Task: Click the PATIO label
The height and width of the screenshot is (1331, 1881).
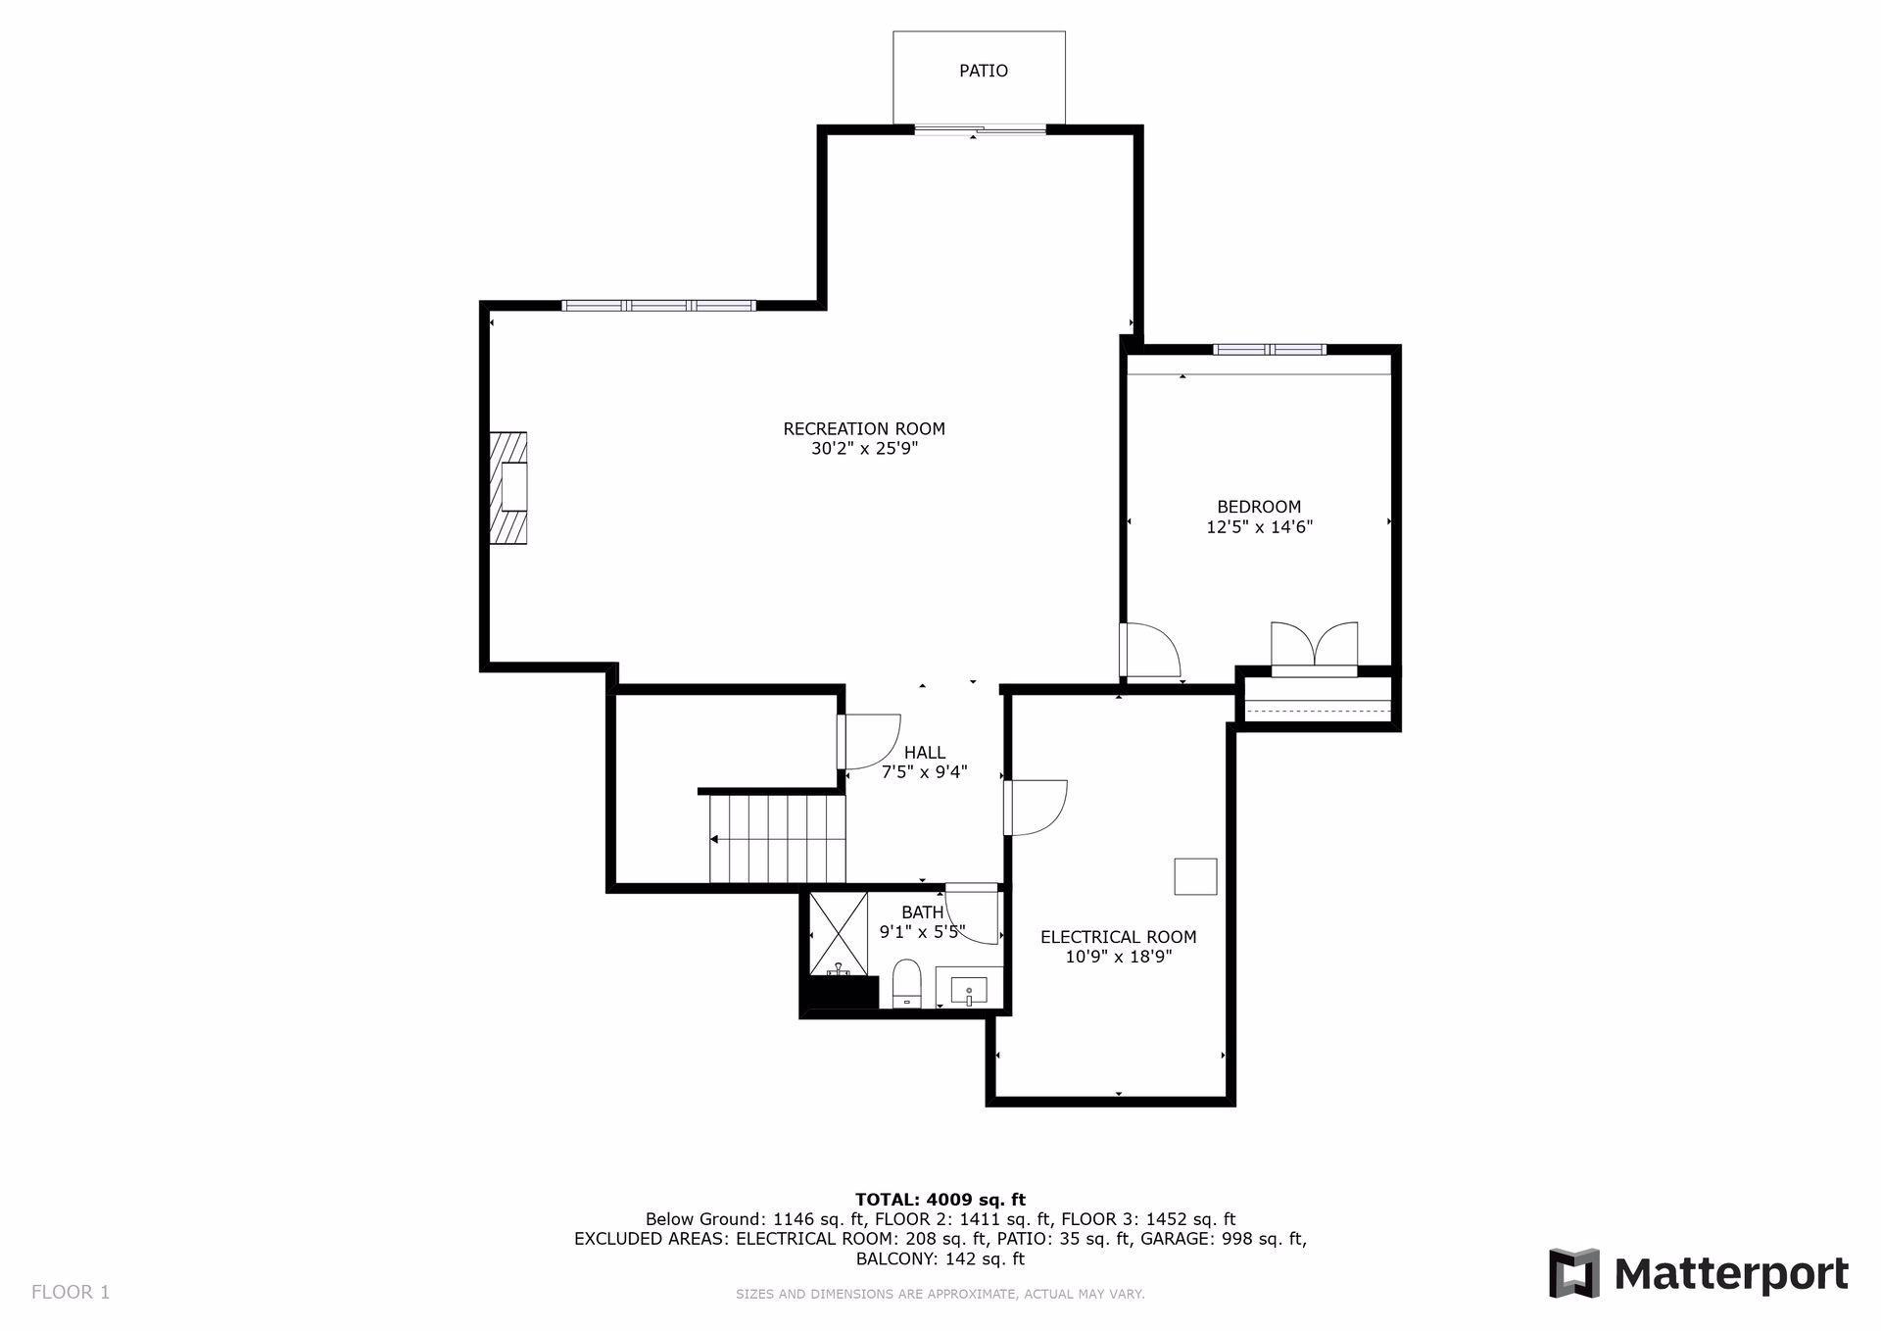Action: [x=983, y=71]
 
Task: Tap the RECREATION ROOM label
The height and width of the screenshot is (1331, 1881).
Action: [x=864, y=428]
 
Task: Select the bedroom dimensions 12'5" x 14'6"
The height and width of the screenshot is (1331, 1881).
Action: [x=1259, y=527]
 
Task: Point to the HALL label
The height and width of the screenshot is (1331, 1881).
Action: [x=925, y=753]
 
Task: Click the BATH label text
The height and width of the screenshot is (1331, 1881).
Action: [x=923, y=912]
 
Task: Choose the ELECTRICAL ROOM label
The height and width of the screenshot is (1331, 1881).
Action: [x=1119, y=937]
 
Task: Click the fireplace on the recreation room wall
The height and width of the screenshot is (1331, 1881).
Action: [x=508, y=488]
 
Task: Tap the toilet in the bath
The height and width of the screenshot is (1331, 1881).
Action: [x=907, y=983]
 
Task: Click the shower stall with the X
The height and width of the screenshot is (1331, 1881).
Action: [x=839, y=934]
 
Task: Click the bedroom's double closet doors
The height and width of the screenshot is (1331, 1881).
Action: [x=1315, y=647]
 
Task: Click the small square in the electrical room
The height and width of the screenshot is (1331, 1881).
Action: [x=1195, y=876]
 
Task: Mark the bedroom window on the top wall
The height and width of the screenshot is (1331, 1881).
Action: [x=1270, y=349]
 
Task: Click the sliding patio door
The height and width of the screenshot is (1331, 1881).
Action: [x=981, y=128]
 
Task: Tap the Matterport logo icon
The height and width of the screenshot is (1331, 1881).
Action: [x=1573, y=1273]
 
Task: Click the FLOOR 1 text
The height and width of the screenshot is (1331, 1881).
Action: [x=71, y=1292]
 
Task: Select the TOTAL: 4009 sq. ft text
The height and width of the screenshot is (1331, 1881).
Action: [x=940, y=1199]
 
